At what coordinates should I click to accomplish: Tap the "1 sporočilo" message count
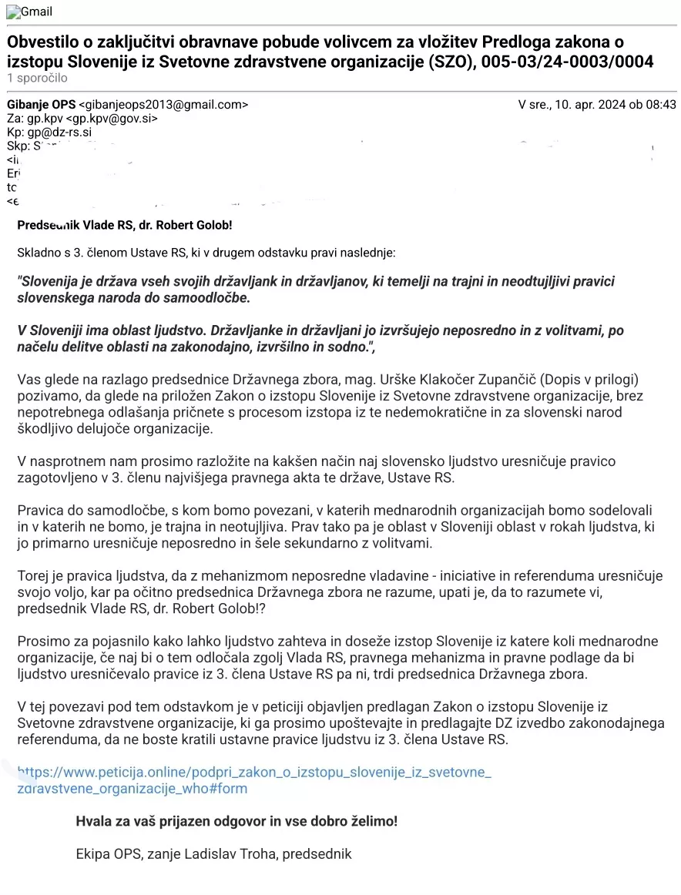(37, 78)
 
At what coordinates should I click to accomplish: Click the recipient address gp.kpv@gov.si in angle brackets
(112, 119)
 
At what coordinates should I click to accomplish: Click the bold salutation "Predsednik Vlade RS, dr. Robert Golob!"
(124, 225)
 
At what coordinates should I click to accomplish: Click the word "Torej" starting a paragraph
(32, 576)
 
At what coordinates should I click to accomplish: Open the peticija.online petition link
(253, 772)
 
